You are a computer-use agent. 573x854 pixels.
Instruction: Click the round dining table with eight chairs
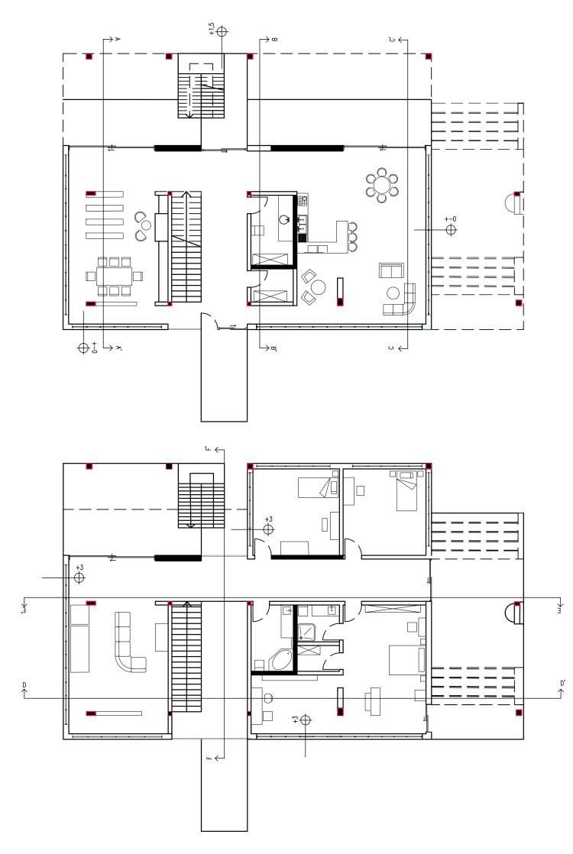tap(381, 185)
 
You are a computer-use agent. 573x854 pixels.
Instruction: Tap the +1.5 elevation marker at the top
tap(222, 32)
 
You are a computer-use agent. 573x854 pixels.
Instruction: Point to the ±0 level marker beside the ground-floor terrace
tap(451, 229)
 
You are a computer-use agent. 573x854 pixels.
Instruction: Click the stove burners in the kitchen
tap(303, 202)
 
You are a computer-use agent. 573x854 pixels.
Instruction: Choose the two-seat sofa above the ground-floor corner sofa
tap(391, 270)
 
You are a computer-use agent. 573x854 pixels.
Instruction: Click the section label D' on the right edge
tap(562, 684)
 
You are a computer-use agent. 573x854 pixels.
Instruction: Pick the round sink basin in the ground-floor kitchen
tap(284, 220)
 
